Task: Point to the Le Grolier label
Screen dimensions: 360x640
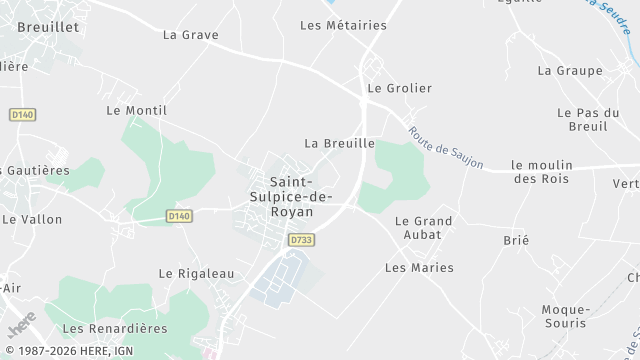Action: [x=400, y=88]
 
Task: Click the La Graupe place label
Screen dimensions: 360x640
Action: [x=570, y=70]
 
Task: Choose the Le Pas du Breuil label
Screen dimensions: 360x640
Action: [x=583, y=119]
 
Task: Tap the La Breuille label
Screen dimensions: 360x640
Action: [x=339, y=143]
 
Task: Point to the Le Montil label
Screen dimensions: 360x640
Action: [x=136, y=110]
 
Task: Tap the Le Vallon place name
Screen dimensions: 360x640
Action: [x=32, y=219]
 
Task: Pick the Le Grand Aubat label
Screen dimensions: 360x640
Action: [x=424, y=227]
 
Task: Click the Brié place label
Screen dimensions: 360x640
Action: [x=517, y=240]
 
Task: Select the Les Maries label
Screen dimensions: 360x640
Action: [x=419, y=267]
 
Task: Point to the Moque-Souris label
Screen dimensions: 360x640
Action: [x=566, y=317]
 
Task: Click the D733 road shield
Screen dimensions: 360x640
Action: [x=299, y=240]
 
